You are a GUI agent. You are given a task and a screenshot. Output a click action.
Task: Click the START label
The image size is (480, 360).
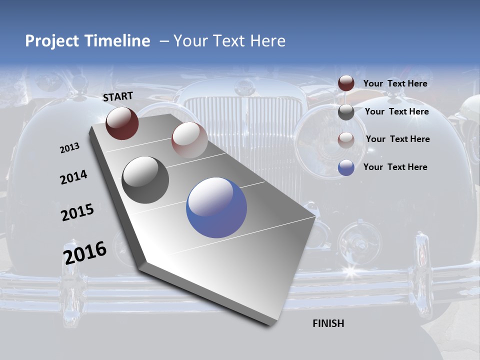[x=118, y=96]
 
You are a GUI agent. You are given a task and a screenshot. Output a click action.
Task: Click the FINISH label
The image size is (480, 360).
[x=328, y=323]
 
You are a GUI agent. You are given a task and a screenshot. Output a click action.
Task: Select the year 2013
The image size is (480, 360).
[x=69, y=148]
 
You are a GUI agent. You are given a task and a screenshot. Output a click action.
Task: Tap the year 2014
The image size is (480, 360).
[x=73, y=177]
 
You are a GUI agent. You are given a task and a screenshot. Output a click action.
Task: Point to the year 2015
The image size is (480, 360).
[x=77, y=212]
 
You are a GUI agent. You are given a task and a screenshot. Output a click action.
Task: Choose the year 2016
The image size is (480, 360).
[x=84, y=252]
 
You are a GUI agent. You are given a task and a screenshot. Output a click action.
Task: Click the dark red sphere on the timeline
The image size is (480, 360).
[x=122, y=123]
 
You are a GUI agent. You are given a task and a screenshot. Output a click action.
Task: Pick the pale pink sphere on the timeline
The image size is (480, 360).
[x=189, y=139]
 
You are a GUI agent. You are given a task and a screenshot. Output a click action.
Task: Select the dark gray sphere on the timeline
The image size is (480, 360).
[x=145, y=179]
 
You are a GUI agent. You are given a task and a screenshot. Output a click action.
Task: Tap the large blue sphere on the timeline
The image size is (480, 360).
[x=216, y=207]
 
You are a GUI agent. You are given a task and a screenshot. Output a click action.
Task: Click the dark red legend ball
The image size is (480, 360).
[x=346, y=83]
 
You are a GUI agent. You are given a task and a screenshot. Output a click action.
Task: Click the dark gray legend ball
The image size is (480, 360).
[x=346, y=112]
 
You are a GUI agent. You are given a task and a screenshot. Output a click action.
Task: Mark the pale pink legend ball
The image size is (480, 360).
[x=346, y=140]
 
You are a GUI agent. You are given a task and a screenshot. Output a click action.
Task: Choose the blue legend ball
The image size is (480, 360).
[x=346, y=167]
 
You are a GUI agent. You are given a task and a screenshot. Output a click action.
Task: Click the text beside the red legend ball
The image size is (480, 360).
[x=395, y=83]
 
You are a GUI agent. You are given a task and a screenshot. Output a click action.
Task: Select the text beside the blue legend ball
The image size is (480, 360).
[x=395, y=167]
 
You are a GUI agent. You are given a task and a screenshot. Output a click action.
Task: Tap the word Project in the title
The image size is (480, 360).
[x=50, y=41]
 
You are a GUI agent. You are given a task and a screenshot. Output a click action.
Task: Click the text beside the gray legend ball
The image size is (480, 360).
[x=396, y=111]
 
